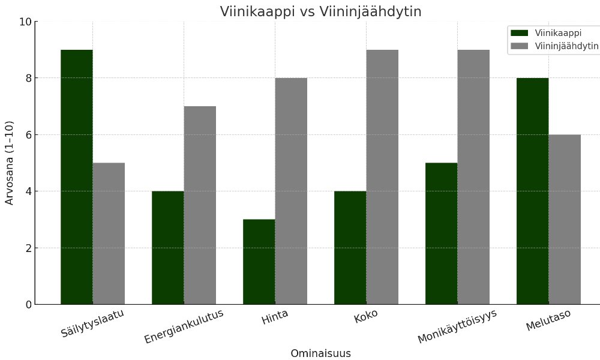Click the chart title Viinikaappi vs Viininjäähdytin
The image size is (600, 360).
pyautogui.click(x=320, y=11)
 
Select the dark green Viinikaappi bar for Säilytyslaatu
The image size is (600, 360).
pyautogui.click(x=77, y=177)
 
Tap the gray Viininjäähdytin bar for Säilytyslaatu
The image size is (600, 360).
pyautogui.click(x=109, y=233)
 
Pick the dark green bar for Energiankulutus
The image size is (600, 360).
pyautogui.click(x=168, y=247)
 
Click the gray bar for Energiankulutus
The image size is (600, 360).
pyautogui.click(x=200, y=205)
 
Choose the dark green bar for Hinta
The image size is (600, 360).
pyautogui.click(x=259, y=262)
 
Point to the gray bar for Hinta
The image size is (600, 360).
pyautogui.click(x=291, y=191)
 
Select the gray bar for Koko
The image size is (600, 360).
pyautogui.click(x=382, y=177)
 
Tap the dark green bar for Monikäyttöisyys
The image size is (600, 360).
pyautogui.click(x=442, y=233)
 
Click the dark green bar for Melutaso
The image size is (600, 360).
pyautogui.click(x=533, y=191)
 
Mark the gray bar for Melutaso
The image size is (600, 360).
pyautogui.click(x=565, y=219)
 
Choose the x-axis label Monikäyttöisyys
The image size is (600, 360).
pyautogui.click(x=457, y=327)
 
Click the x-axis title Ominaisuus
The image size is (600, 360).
pyautogui.click(x=320, y=353)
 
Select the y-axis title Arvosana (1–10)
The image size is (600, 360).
pyautogui.click(x=10, y=163)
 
